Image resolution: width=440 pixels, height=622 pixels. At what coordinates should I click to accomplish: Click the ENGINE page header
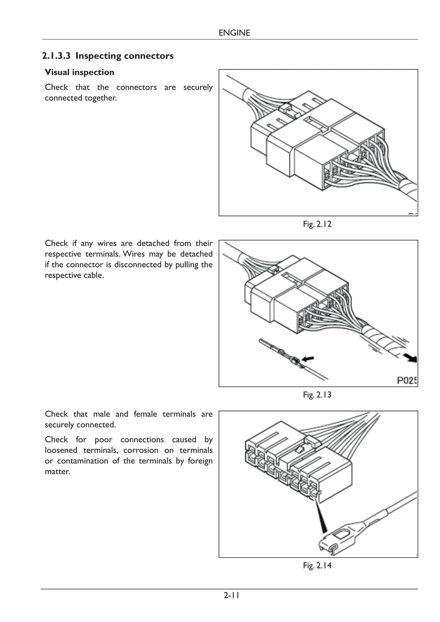click(x=234, y=33)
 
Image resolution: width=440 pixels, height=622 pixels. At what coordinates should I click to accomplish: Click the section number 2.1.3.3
click(x=56, y=56)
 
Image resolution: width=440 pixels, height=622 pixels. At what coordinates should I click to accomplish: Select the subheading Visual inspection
click(x=79, y=72)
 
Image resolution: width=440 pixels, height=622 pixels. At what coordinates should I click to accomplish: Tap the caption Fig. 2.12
click(x=317, y=224)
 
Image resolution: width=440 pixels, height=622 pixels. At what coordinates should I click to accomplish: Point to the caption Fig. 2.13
click(x=317, y=395)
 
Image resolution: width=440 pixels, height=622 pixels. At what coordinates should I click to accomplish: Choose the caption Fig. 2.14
click(x=317, y=566)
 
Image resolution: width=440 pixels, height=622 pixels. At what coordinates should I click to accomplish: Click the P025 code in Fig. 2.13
click(x=407, y=381)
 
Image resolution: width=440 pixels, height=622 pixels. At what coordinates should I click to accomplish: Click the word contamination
click(x=83, y=461)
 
